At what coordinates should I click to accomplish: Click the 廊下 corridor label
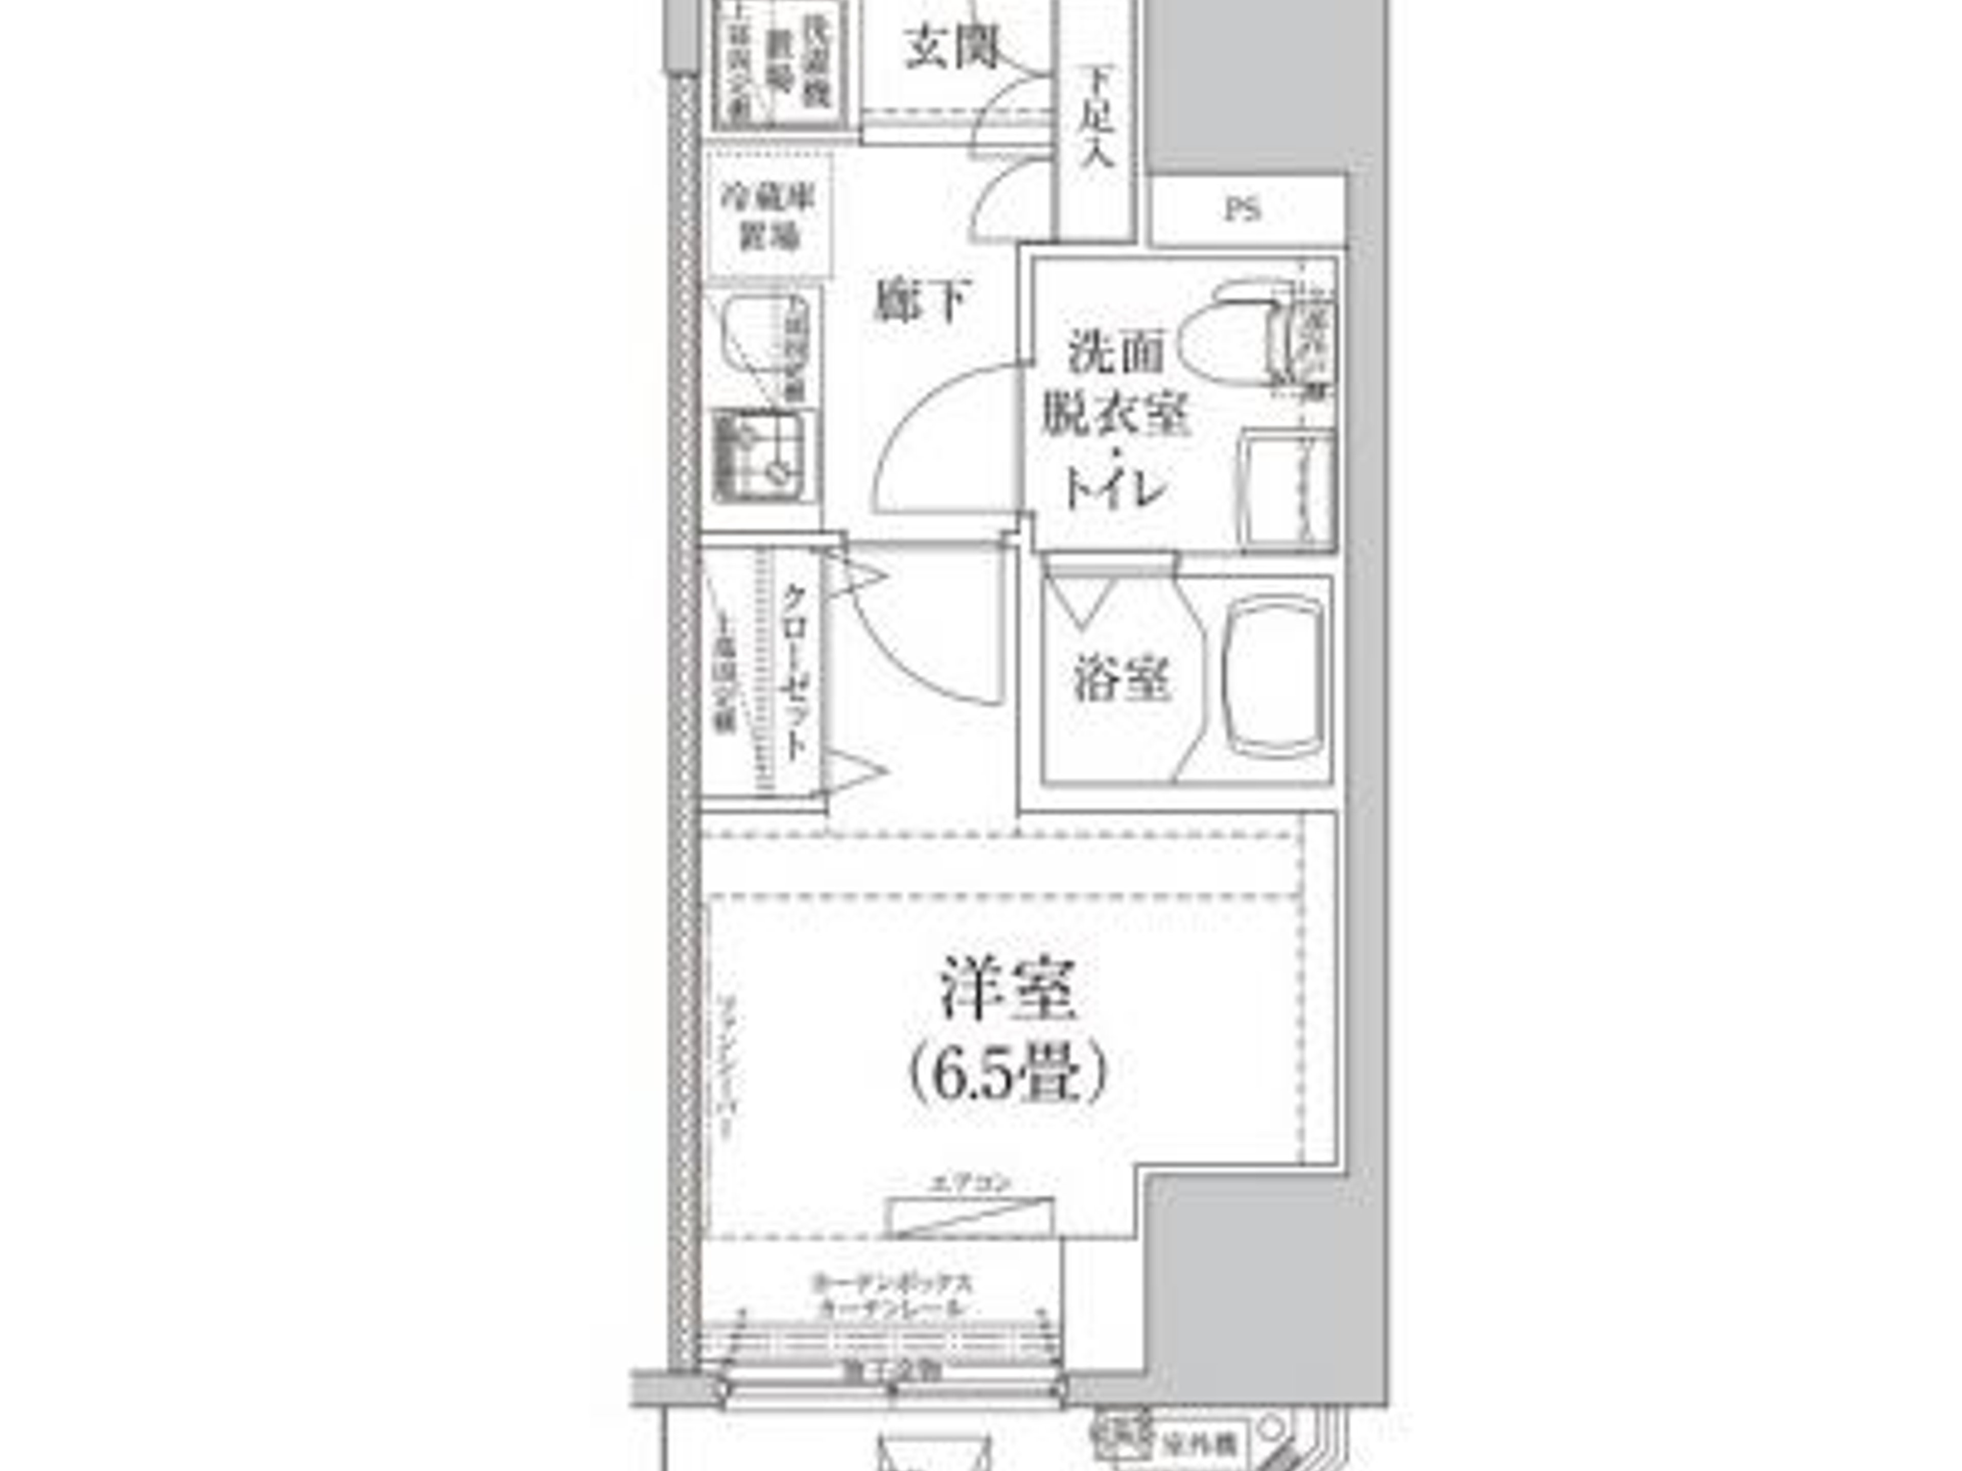pos(922,301)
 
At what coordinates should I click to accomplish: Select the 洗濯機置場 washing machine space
pos(781,62)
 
